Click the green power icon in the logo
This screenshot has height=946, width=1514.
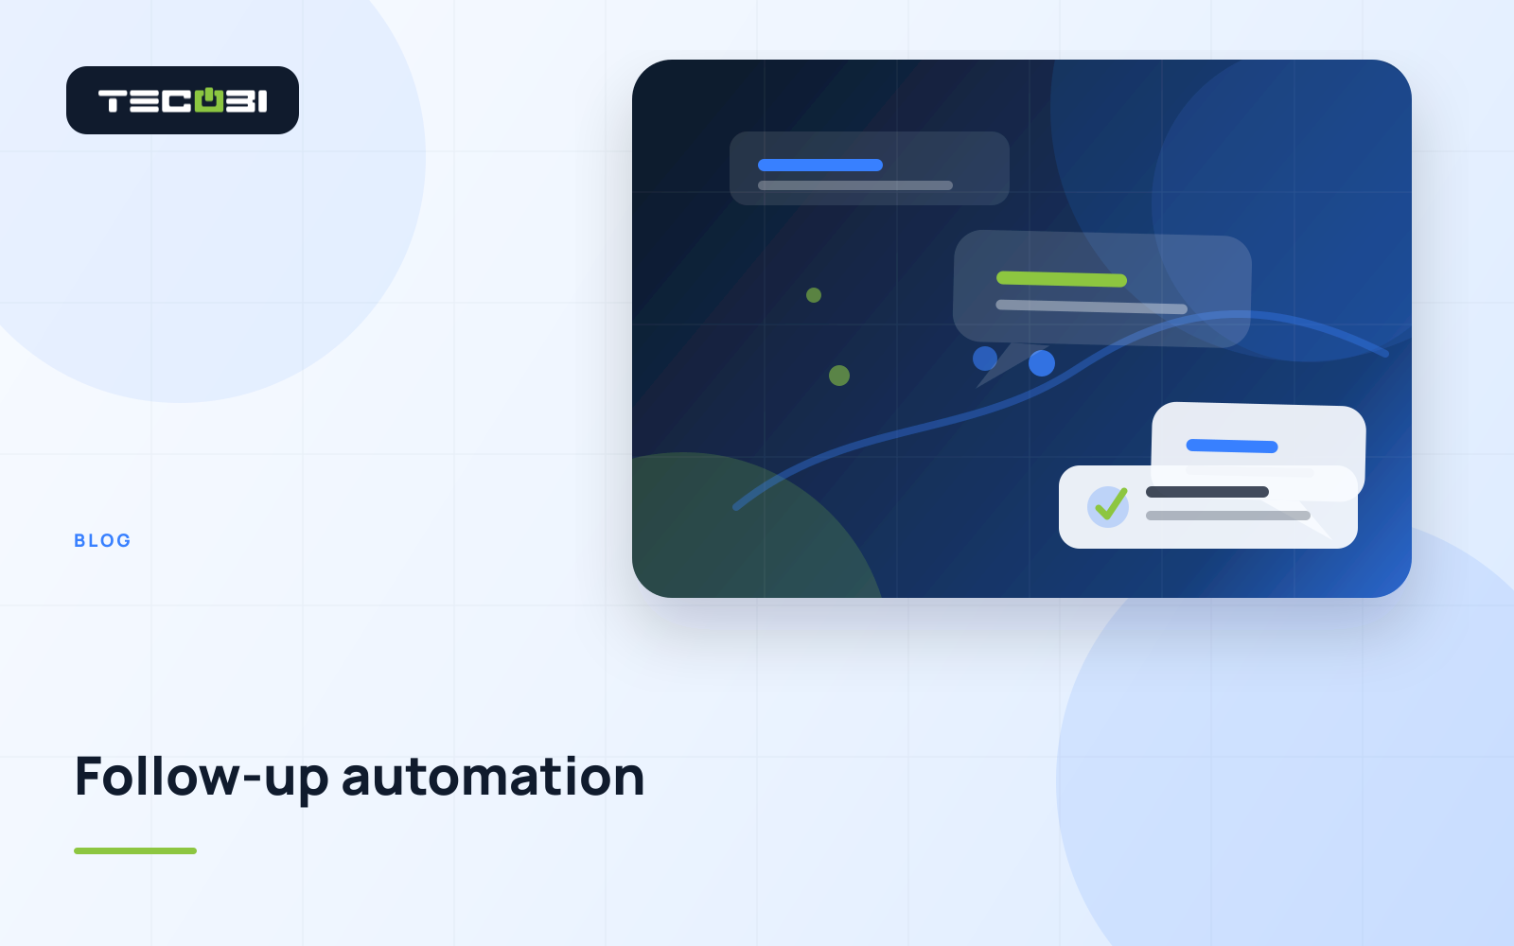click(209, 100)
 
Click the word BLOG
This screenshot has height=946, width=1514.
click(103, 540)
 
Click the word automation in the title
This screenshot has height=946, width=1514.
click(493, 777)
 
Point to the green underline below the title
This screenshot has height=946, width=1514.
click(135, 850)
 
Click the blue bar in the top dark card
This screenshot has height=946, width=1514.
click(820, 165)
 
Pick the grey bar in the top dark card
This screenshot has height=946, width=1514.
click(855, 185)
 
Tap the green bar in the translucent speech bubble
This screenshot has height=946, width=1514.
click(1061, 278)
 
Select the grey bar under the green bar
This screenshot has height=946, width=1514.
click(1092, 307)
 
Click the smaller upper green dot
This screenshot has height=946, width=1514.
click(814, 294)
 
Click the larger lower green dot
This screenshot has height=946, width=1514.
click(839, 376)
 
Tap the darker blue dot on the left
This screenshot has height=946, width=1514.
click(985, 359)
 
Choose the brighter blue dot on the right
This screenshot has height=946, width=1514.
click(1042, 363)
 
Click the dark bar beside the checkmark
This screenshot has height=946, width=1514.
click(1207, 492)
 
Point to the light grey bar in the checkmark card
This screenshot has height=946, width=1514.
click(1228, 516)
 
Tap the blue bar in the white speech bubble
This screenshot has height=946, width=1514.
click(1232, 446)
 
